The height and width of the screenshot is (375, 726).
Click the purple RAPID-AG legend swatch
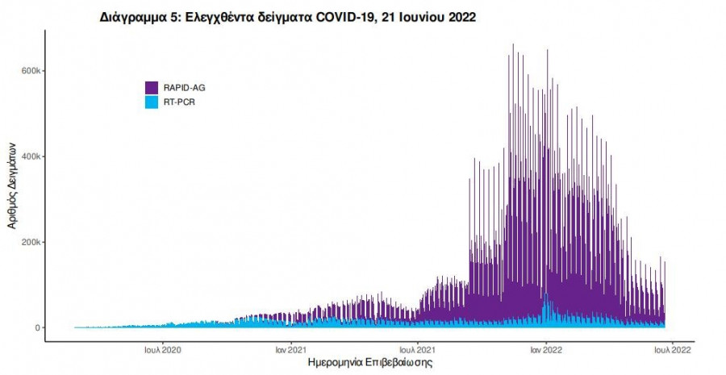coord(152,87)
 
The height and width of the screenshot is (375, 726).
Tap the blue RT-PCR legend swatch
coord(152,102)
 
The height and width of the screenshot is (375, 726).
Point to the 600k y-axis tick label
coord(31,71)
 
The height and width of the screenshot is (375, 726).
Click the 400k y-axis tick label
coord(31,156)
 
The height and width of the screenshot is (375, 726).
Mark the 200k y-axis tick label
coord(31,242)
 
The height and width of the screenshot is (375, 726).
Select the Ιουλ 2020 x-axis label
coord(162,350)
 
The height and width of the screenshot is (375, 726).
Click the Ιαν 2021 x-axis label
coord(290,350)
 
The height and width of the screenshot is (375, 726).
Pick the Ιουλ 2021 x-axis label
coord(419,350)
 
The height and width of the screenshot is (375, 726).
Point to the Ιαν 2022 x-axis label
coord(546,350)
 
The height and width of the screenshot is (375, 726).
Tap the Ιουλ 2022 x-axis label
coord(672,350)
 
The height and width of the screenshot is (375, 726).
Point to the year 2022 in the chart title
coord(460,17)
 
